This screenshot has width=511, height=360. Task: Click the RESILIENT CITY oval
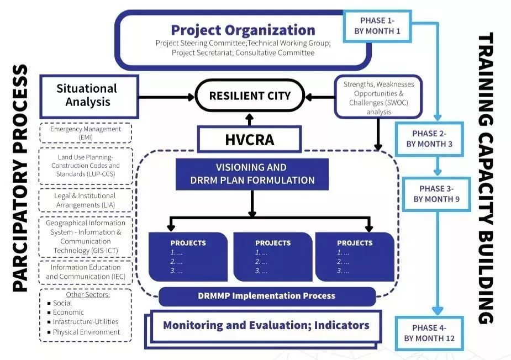coord(250,96)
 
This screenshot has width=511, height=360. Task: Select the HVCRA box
coord(249,139)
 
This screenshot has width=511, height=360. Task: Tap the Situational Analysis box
coord(87,95)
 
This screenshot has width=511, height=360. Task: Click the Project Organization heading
coord(243,30)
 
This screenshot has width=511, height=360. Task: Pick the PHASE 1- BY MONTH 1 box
coord(377,26)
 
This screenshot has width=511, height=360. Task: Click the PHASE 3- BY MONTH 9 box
coord(436,194)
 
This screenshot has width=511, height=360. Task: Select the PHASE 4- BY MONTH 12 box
coord(429,333)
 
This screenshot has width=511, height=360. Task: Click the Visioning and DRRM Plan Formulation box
coord(251,174)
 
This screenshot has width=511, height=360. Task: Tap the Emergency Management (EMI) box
coord(86,133)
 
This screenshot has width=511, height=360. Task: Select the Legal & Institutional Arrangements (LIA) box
coord(86,200)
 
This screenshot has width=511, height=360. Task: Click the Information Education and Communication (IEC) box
coord(86,272)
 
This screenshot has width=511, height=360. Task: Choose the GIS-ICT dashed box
coord(86,237)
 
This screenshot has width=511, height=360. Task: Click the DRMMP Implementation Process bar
coord(267,296)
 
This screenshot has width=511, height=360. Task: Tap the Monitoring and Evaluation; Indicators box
coord(266,325)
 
